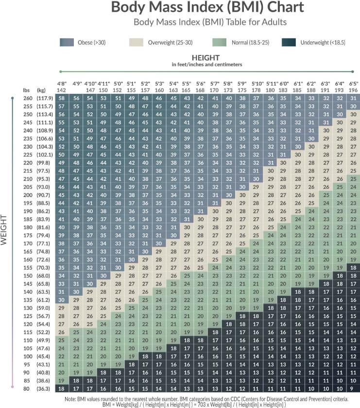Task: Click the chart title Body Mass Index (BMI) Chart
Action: click(207, 8)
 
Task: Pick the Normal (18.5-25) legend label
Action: click(252, 43)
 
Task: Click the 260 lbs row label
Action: click(27, 99)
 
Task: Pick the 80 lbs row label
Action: click(27, 389)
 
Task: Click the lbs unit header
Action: click(26, 90)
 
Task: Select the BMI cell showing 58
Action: click(62, 99)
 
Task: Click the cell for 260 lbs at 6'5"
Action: click(353, 99)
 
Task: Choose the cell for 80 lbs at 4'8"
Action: click(62, 389)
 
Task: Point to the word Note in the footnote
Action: click(71, 398)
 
